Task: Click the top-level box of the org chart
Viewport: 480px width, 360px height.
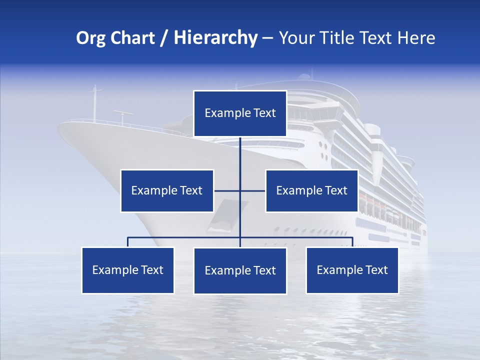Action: (240, 113)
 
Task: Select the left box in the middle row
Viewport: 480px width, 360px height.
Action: (167, 190)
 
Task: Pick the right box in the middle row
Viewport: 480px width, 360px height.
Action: (311, 190)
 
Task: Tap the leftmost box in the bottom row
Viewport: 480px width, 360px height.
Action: (128, 270)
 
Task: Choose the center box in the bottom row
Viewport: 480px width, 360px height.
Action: (240, 270)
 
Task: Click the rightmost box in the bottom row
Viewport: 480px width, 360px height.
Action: (352, 270)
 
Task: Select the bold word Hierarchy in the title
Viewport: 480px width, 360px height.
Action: (215, 38)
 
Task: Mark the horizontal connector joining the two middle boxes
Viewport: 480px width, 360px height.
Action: (227, 190)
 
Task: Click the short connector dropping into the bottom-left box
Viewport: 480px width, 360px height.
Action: (128, 242)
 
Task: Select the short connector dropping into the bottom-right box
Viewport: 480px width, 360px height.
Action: (352, 242)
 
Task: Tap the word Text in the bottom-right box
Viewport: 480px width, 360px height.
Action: (376, 270)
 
